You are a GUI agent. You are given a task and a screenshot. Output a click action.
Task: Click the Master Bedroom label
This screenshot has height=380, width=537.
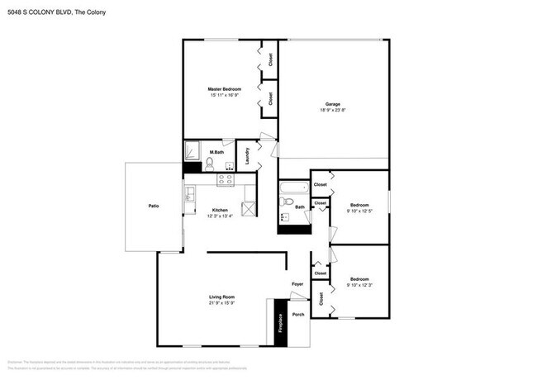tap(224, 88)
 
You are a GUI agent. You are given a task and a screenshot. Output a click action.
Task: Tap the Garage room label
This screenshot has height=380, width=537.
tap(332, 103)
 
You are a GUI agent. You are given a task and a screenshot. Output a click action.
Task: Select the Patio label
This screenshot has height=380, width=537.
tap(153, 206)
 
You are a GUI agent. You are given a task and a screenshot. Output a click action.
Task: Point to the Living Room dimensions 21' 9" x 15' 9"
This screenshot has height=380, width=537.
tap(221, 302)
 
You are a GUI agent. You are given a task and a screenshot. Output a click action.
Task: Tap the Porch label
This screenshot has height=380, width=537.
tap(298, 315)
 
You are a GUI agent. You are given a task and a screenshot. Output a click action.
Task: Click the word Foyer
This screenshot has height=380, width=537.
tap(297, 285)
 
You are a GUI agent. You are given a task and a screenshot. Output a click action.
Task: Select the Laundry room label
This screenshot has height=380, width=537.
tap(248, 156)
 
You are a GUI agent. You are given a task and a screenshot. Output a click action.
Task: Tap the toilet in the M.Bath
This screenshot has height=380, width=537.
tap(209, 164)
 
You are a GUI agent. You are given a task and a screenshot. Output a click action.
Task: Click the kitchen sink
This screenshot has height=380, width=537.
tap(189, 194)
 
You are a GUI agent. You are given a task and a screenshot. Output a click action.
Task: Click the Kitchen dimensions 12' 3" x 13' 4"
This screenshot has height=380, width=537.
tap(220, 216)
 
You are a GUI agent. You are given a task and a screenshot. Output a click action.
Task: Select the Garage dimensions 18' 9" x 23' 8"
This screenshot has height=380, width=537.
tap(332, 110)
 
